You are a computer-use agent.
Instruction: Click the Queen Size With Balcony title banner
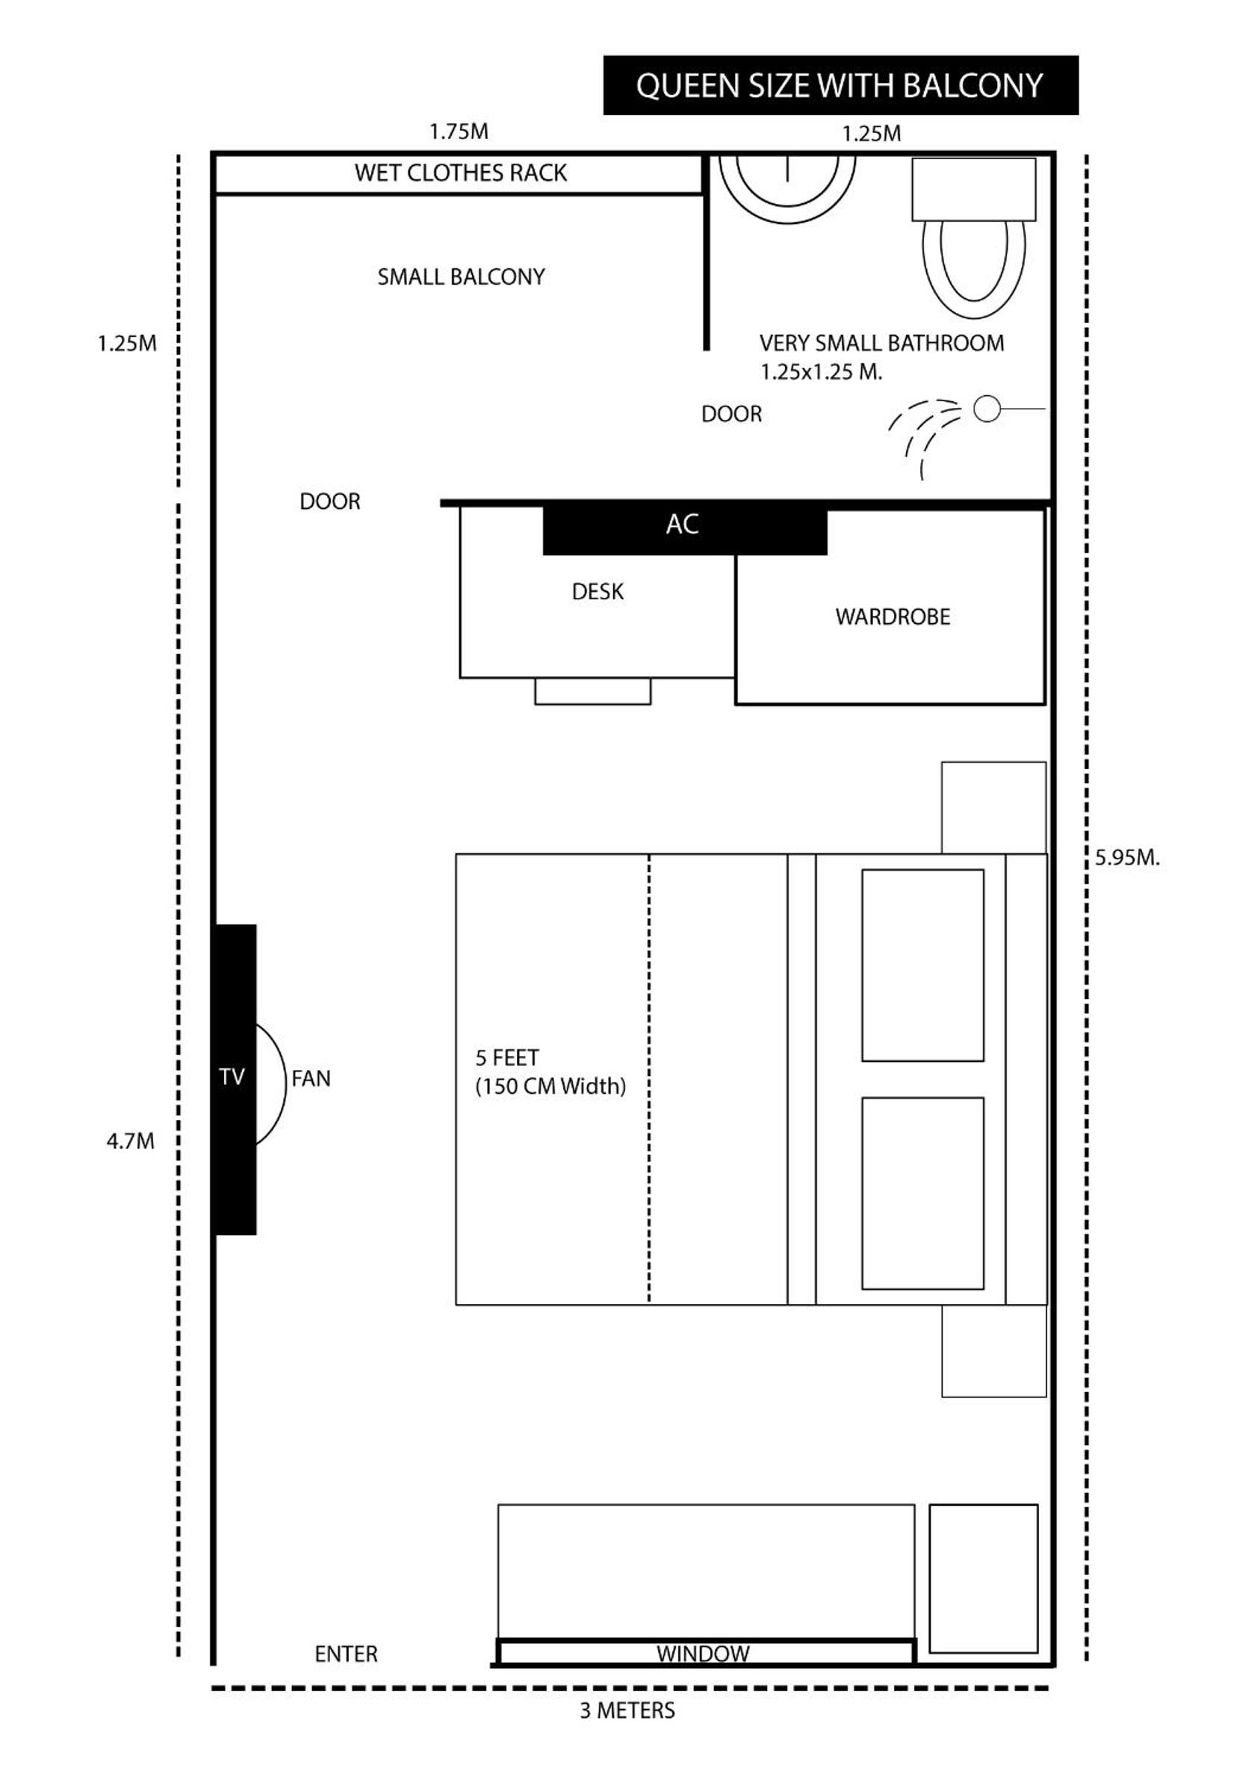[x=840, y=85]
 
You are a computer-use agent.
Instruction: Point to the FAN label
[x=311, y=1078]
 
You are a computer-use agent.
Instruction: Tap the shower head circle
[x=987, y=409]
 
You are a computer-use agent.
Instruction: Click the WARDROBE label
[x=893, y=617]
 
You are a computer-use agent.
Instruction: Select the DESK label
[x=598, y=593]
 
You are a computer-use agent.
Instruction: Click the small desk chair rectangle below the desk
[x=593, y=691]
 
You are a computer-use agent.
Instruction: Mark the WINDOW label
[x=703, y=1654]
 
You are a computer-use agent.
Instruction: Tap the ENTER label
[x=347, y=1654]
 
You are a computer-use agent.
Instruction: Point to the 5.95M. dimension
[x=1128, y=857]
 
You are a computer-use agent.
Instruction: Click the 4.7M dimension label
[x=130, y=1141]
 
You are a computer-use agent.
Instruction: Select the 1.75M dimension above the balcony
[x=459, y=131]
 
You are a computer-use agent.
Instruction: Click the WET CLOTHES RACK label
[x=461, y=173]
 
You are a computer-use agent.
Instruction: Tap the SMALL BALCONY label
[x=461, y=276]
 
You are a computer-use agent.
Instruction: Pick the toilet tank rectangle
[x=974, y=190]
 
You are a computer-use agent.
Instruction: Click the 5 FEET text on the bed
[x=507, y=1057]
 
